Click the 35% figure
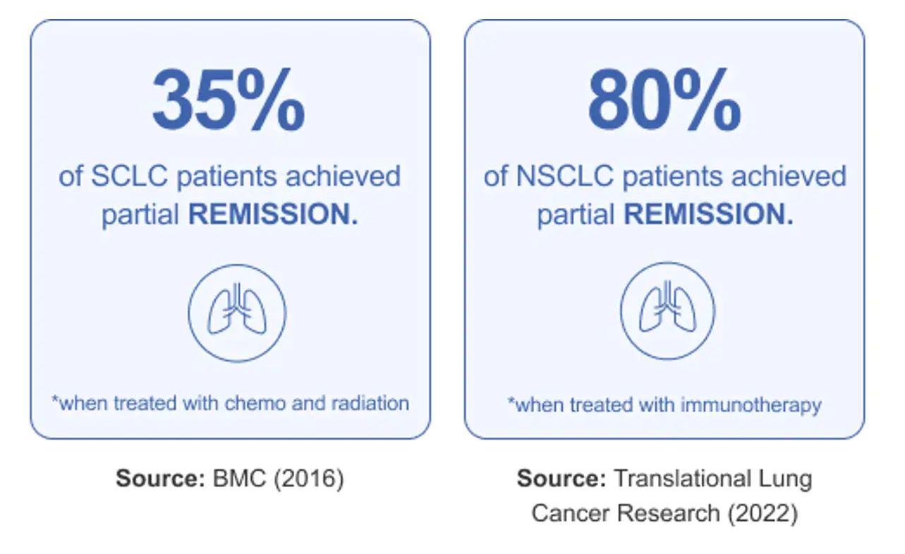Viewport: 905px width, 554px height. pos(229,100)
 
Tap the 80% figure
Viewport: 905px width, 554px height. pos(664,100)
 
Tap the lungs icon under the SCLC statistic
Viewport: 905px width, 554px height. pos(237,313)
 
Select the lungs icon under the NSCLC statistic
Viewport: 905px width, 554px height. pos(667,311)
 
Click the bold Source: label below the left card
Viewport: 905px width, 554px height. pos(160,479)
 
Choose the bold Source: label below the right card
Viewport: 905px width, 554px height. pos(561,478)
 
